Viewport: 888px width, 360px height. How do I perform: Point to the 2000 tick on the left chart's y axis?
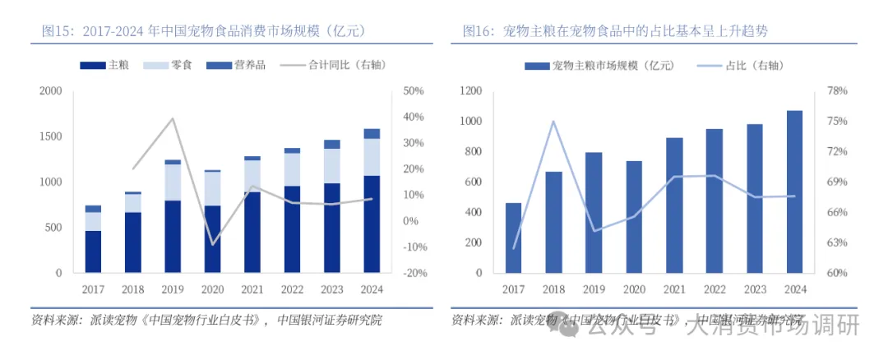pos(50,90)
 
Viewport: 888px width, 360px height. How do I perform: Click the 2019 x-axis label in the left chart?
pos(172,289)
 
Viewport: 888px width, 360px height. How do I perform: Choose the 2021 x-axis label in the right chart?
pos(674,289)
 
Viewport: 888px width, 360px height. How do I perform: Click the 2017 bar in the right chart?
pos(513,238)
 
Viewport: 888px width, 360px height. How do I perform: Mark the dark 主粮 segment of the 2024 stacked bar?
pos(372,224)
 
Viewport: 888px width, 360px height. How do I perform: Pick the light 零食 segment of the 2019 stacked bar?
pos(172,182)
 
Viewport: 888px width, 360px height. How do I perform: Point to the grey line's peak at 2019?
pos(172,118)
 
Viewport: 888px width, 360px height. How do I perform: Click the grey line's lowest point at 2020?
pos(212,245)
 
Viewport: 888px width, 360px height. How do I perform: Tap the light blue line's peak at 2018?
pos(553,121)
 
